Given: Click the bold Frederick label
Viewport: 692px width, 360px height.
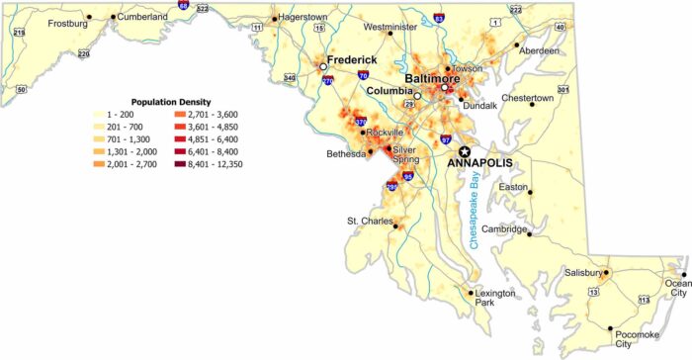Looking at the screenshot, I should [355, 58].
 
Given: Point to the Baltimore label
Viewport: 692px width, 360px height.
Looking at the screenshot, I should [436, 77].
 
